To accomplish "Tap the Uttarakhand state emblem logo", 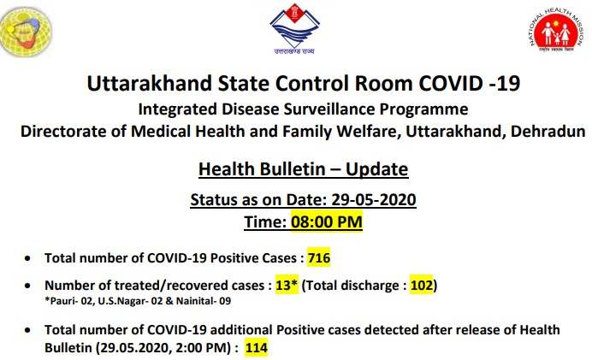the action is [294, 29].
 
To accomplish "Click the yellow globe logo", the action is [26, 32].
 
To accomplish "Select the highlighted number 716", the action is [319, 257].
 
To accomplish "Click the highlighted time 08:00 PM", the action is [327, 221].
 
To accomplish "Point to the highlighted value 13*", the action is [287, 285].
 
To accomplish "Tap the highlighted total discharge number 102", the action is [422, 285].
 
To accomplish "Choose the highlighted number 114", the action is [257, 347].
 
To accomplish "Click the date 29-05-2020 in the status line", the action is [374, 199].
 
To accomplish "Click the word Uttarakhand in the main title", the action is [150, 83].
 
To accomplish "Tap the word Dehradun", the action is [548, 132].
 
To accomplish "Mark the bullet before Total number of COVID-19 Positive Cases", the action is [27, 258].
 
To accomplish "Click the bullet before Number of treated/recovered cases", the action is [27, 286].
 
